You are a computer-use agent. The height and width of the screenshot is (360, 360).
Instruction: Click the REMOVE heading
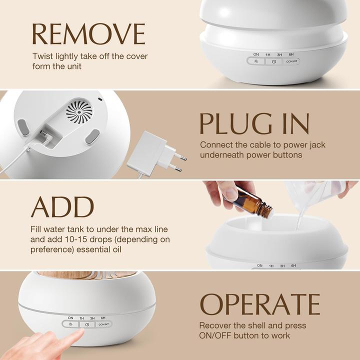88,34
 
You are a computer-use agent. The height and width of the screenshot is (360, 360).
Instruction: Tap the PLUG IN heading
254,123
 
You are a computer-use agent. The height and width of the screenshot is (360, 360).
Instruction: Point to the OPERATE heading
260,304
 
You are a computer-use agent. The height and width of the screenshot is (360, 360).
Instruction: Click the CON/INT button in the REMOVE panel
291,61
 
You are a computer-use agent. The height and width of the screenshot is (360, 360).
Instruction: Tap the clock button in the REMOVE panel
273,61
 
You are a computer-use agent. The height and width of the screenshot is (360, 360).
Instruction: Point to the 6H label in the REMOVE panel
291,54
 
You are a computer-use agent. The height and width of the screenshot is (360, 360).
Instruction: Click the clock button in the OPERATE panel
87,324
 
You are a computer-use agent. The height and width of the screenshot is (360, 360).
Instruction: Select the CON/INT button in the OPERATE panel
104,324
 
